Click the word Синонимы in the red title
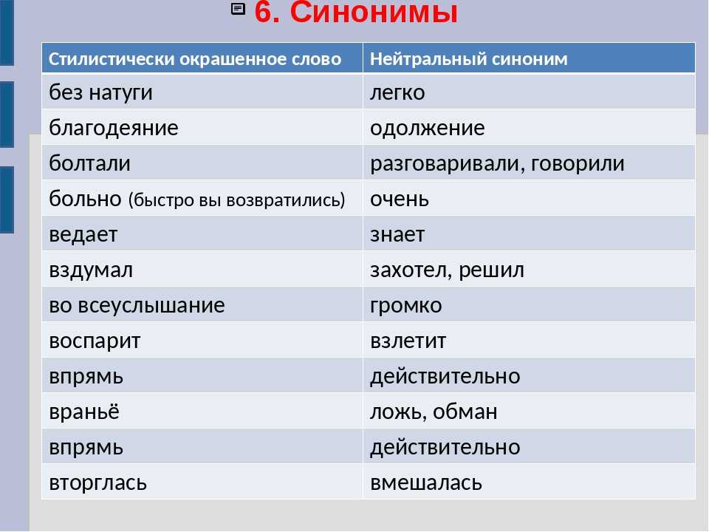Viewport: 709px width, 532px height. click(x=374, y=12)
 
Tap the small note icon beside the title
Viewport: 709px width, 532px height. click(x=239, y=9)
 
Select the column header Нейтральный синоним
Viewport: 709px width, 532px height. click(x=468, y=59)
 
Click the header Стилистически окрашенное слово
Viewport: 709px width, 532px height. click(x=195, y=59)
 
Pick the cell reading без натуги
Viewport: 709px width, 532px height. click(x=101, y=92)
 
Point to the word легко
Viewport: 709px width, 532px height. click(x=397, y=92)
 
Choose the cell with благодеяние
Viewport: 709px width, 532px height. click(x=114, y=128)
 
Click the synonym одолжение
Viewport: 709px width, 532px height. click(x=428, y=128)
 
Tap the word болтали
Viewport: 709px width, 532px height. click(x=89, y=163)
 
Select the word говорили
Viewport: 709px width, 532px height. click(x=578, y=163)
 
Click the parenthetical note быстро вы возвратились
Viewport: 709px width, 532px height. click(x=236, y=199)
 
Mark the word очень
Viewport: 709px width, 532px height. click(x=400, y=199)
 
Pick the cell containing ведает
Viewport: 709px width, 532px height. click(x=83, y=234)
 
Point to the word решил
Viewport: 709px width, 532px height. click(x=491, y=270)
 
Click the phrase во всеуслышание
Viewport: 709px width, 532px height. click(x=137, y=305)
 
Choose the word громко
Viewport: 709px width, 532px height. click(x=405, y=306)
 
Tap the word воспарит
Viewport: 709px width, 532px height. click(x=95, y=341)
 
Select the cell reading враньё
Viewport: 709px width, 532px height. click(x=84, y=412)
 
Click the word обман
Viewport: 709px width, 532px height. click(x=465, y=412)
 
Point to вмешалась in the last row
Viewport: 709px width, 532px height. click(x=426, y=482)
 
